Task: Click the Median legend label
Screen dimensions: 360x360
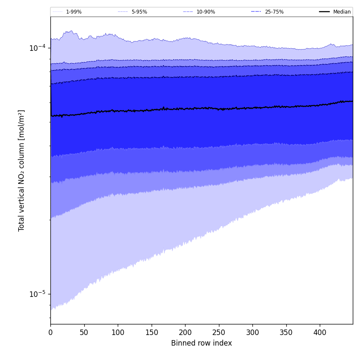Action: click(x=342, y=12)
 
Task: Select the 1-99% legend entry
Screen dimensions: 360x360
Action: click(x=74, y=12)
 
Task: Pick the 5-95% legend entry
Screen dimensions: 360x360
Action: click(x=139, y=12)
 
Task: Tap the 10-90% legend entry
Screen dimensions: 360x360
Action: click(x=205, y=12)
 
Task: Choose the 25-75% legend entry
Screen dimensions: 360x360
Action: click(x=274, y=12)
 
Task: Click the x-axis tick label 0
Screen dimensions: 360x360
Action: click(x=50, y=333)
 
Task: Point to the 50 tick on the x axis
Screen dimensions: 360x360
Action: click(x=84, y=333)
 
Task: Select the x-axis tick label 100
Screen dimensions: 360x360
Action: click(x=118, y=333)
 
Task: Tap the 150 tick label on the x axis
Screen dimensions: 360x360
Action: click(x=151, y=333)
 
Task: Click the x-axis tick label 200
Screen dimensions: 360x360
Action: click(x=185, y=333)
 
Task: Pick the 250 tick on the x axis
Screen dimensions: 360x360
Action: click(x=219, y=333)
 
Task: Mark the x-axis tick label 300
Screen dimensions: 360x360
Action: click(x=252, y=333)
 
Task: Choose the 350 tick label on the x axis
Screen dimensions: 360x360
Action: click(x=286, y=333)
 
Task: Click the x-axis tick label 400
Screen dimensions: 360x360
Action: click(x=320, y=333)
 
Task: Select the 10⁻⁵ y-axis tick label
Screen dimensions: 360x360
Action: click(x=38, y=294)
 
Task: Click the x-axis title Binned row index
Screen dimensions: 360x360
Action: click(x=202, y=343)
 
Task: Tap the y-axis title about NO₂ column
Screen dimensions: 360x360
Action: click(x=21, y=170)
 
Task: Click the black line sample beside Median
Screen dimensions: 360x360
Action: click(x=324, y=12)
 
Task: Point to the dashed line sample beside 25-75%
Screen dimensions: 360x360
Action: click(x=256, y=12)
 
